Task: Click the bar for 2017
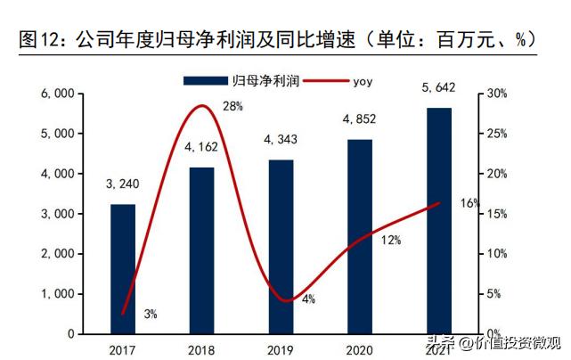point(123,268)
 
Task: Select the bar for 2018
point(201,250)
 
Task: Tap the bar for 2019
point(281,246)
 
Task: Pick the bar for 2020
point(359,235)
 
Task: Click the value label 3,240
point(122,185)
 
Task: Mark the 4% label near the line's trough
point(308,299)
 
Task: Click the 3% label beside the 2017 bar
point(151,314)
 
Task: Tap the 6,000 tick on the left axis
point(55,94)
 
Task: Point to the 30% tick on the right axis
point(498,94)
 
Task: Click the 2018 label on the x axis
point(201,348)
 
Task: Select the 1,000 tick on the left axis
point(55,294)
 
